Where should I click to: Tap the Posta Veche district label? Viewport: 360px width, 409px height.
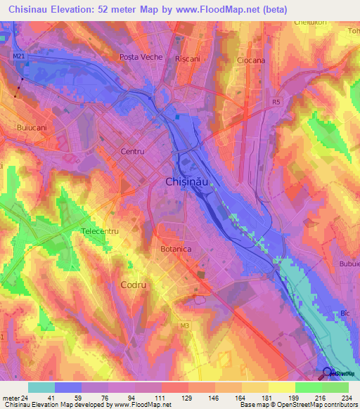click(141, 57)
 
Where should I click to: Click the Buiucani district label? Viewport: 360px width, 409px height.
click(32, 128)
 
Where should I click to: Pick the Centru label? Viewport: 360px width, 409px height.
click(132, 151)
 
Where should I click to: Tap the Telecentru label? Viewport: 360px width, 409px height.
click(101, 231)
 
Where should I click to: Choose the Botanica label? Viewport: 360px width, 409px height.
click(176, 249)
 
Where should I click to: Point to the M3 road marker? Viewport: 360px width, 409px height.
click(185, 325)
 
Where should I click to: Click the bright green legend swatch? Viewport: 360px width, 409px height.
click(308, 387)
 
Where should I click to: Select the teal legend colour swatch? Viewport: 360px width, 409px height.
click(41, 387)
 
